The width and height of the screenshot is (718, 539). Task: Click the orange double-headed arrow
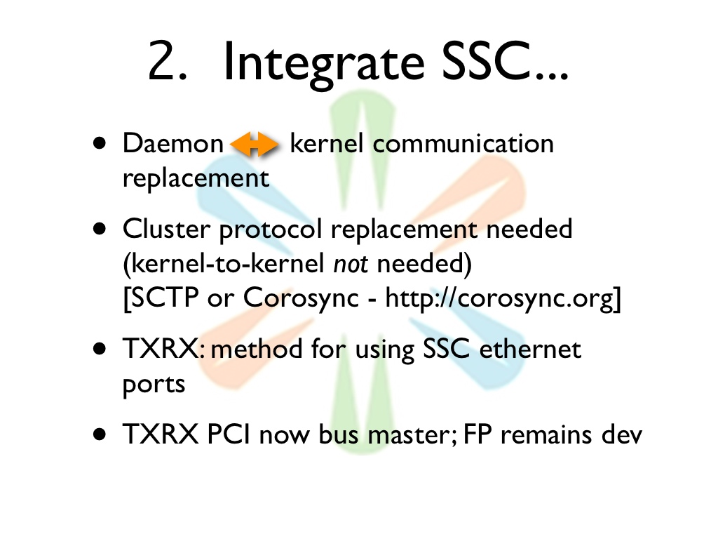click(254, 144)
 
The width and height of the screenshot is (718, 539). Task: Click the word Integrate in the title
click(324, 62)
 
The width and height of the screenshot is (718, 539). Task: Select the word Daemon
click(172, 143)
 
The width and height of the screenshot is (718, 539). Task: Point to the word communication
click(463, 143)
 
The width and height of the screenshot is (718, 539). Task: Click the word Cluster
click(166, 228)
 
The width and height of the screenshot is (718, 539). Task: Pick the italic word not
click(351, 264)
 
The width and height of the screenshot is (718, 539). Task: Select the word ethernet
click(530, 349)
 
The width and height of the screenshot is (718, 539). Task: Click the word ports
click(154, 385)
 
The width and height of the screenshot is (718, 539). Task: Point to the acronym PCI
click(228, 434)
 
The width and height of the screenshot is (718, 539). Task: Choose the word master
click(409, 434)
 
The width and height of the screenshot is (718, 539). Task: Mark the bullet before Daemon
click(100, 143)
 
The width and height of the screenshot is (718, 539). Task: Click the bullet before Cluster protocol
click(100, 228)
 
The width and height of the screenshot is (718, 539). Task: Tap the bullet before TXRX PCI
click(100, 434)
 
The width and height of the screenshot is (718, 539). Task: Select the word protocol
click(271, 229)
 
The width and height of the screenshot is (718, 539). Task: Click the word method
click(257, 349)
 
